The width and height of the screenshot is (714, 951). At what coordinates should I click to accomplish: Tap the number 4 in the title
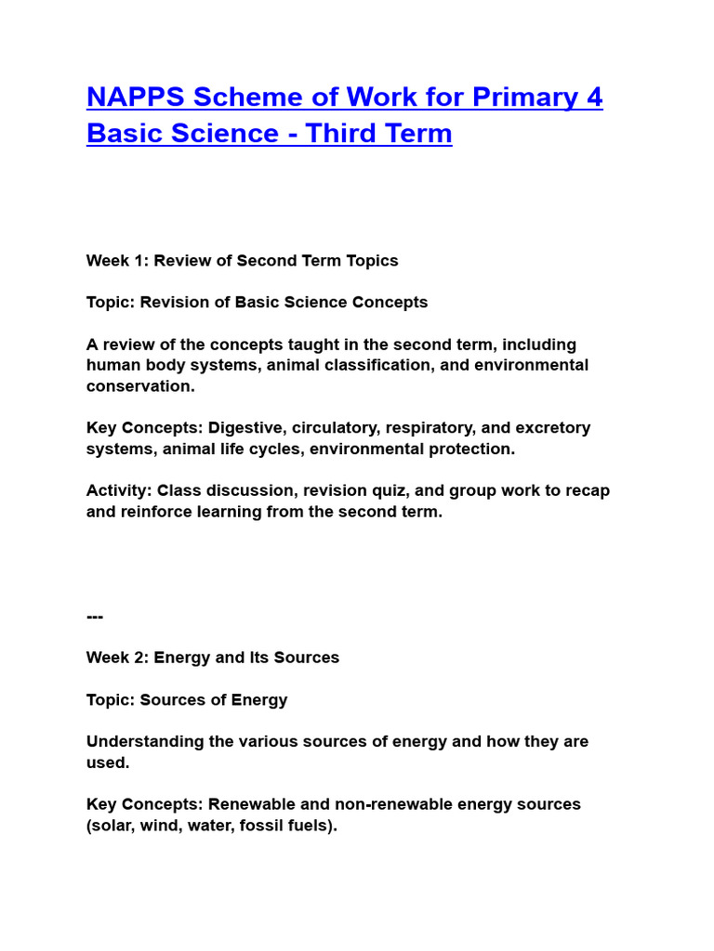click(594, 98)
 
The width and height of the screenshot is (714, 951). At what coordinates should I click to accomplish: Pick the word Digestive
click(245, 428)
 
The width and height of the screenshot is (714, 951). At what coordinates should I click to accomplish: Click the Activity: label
click(119, 490)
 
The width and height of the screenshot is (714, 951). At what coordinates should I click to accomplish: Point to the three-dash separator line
click(95, 617)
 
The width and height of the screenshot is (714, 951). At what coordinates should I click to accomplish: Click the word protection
click(470, 449)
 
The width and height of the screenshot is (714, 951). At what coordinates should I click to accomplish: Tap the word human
click(113, 365)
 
